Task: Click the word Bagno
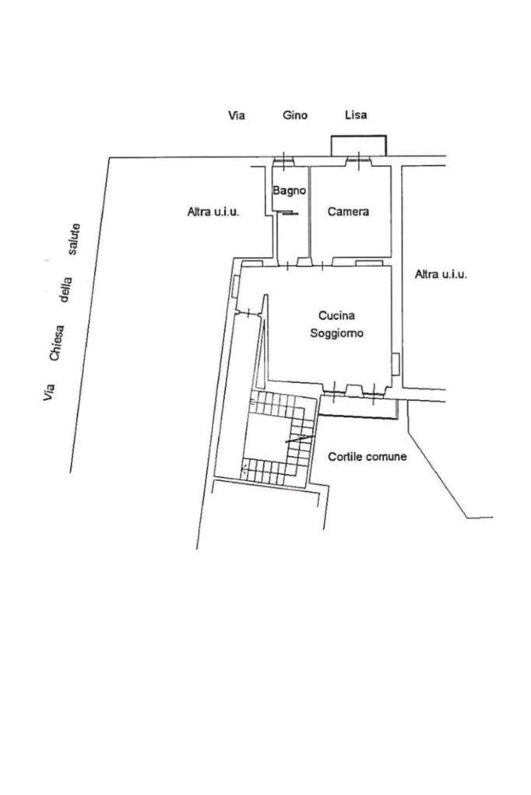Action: [x=289, y=190]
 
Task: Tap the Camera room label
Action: [x=348, y=211]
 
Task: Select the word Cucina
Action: [x=337, y=316]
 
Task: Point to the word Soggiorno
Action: [x=337, y=333]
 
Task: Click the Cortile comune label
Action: [x=367, y=456]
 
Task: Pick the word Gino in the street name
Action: [x=295, y=115]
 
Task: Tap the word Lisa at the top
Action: [x=356, y=115]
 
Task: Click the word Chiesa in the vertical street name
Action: [x=57, y=343]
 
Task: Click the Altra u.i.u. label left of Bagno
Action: [x=213, y=211]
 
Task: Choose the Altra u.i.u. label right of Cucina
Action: [x=441, y=274]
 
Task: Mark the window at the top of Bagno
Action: [x=284, y=161]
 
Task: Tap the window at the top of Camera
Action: [x=358, y=161]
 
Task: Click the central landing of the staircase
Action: [x=266, y=437]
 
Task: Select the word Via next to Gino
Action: [x=236, y=115]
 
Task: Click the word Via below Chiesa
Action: [x=49, y=392]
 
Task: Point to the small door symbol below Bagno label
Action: [x=288, y=214]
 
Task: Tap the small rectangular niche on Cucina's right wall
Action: [x=396, y=364]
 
